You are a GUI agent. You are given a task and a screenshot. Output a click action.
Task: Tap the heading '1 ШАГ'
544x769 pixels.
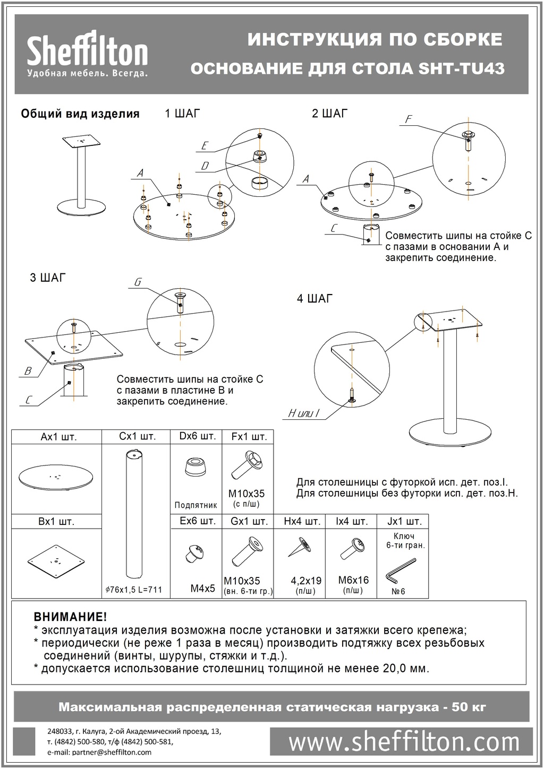[182, 113]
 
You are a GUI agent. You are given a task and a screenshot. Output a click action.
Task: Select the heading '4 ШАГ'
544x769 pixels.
[314, 298]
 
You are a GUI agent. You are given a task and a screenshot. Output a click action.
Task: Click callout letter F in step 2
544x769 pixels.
[408, 119]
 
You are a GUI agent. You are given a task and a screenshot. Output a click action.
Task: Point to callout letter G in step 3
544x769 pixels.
[138, 282]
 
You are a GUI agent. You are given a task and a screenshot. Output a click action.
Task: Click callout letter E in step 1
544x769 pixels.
[205, 146]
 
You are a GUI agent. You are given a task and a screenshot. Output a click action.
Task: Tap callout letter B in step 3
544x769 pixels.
[28, 371]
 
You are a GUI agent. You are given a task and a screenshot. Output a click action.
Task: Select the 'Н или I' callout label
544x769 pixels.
[303, 413]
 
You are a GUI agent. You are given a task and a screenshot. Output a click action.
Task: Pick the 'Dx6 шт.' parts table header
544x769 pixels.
[197, 436]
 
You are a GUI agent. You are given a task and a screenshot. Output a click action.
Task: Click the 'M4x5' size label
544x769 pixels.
[202, 589]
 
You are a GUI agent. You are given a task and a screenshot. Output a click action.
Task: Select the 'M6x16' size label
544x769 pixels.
[353, 580]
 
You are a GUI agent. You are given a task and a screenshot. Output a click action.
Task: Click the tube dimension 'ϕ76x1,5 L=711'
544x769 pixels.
[134, 590]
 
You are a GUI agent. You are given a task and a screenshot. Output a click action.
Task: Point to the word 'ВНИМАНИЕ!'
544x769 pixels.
[70, 617]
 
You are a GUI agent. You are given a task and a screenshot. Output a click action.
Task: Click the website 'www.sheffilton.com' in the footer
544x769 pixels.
[404, 741]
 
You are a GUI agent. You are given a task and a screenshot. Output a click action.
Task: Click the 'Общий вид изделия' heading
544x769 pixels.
[80, 114]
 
